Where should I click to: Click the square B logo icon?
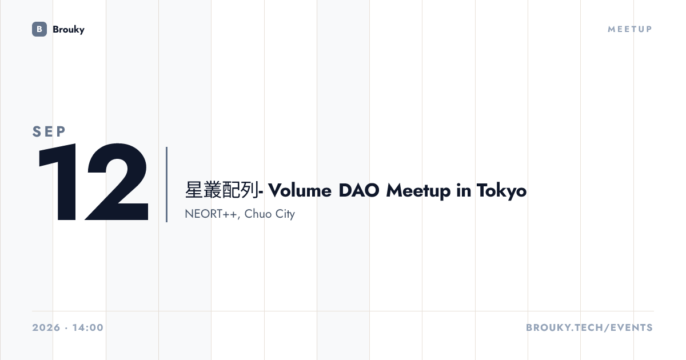tap(39, 29)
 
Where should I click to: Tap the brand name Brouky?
tap(69, 30)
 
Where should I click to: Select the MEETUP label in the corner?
tap(630, 29)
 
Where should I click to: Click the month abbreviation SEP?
tap(49, 131)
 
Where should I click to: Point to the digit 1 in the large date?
tap(58, 182)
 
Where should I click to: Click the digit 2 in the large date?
tap(117, 182)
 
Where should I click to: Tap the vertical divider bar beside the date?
tap(166, 185)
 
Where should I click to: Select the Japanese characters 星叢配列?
tap(222, 190)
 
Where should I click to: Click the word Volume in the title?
tap(300, 190)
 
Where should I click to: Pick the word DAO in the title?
tap(359, 190)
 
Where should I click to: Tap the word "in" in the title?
tap(464, 190)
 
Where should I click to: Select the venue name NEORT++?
tap(211, 214)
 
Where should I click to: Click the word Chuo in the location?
tap(258, 214)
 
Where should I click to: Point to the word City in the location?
tap(285, 214)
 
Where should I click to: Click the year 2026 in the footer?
tap(46, 327)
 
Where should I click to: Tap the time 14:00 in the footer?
tap(88, 327)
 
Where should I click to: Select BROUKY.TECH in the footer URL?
tap(565, 327)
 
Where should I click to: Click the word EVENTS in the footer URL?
tap(632, 327)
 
